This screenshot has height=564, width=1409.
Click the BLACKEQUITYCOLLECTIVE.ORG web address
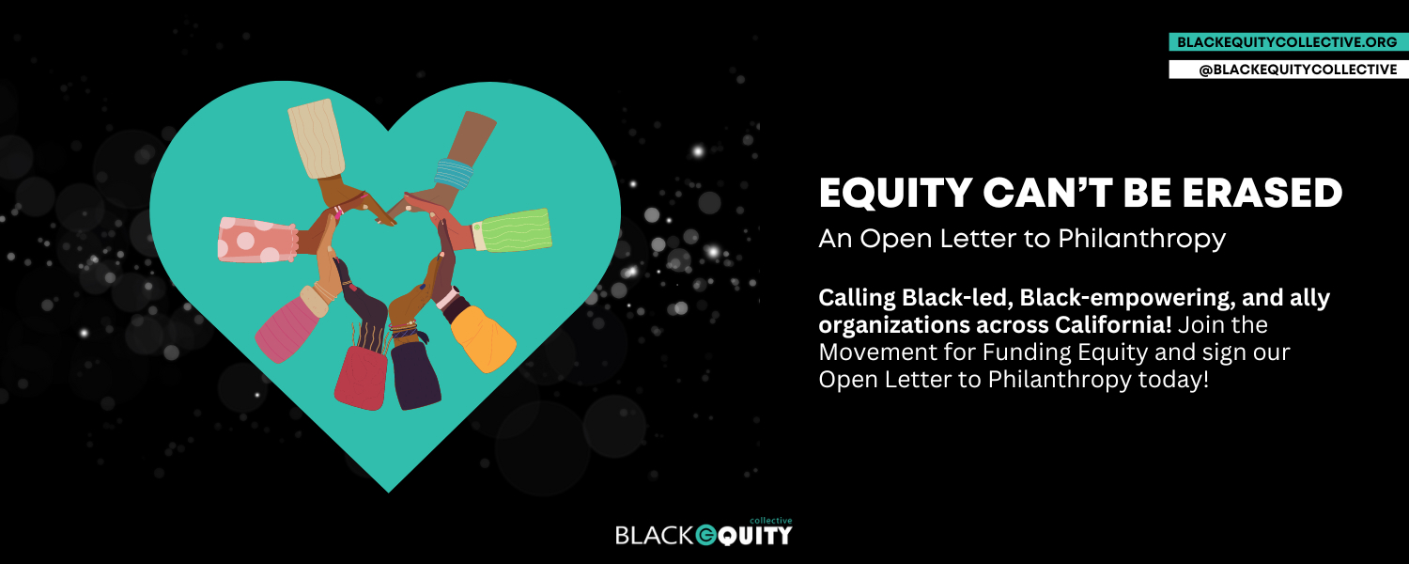click(x=1286, y=42)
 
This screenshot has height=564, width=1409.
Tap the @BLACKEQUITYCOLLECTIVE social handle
click(x=1297, y=70)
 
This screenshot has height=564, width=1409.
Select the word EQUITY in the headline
click(x=896, y=193)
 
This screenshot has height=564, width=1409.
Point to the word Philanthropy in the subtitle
click(x=1141, y=239)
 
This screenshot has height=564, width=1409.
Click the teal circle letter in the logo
click(x=706, y=535)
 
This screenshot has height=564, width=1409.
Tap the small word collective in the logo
click(x=771, y=521)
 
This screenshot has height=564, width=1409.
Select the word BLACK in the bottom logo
click(x=654, y=535)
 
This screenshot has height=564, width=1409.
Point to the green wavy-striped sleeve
click(x=513, y=230)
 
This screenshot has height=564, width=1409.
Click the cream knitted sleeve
click(x=317, y=138)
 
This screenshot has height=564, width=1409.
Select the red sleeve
click(x=362, y=378)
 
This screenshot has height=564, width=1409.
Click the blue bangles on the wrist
click(x=454, y=173)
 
